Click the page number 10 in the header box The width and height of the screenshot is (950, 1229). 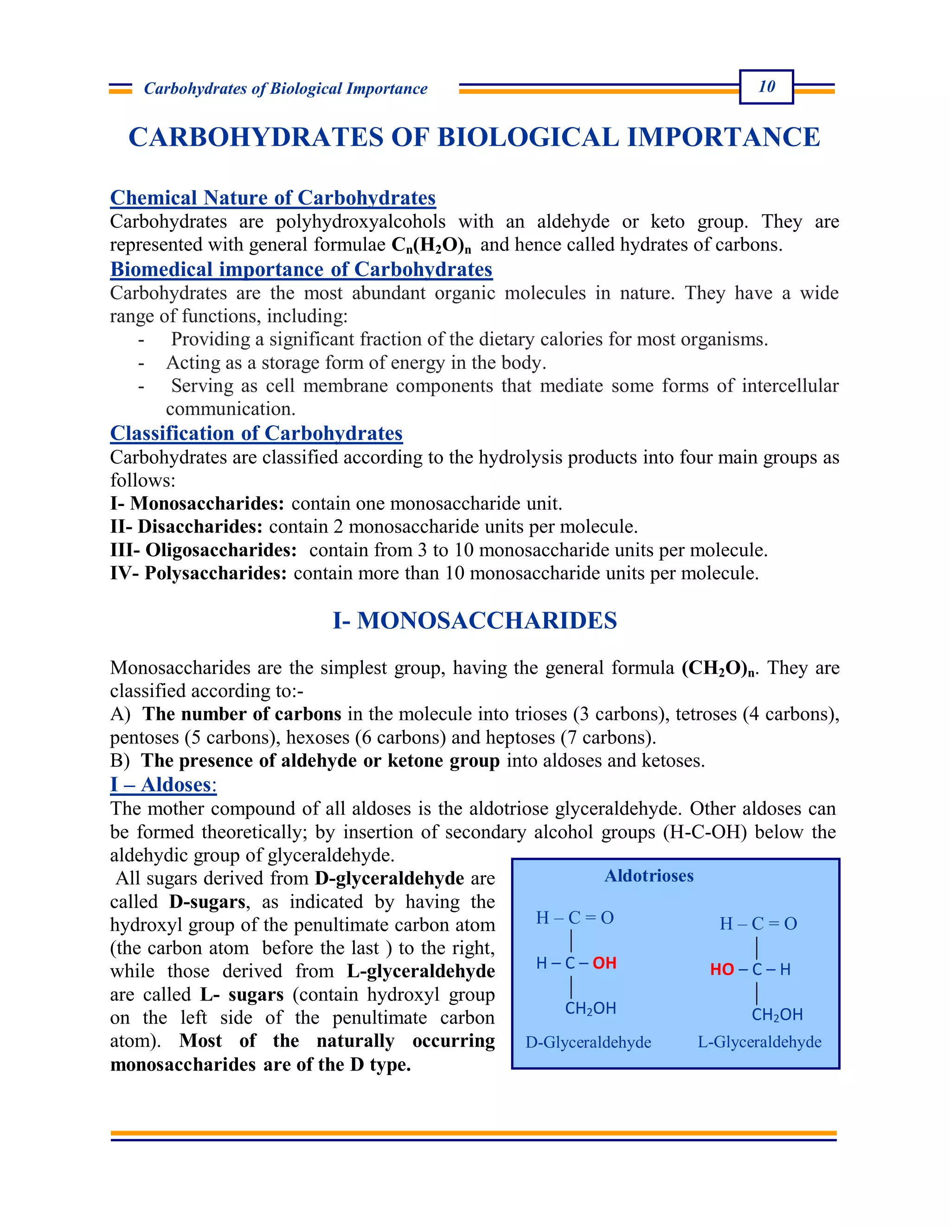(766, 87)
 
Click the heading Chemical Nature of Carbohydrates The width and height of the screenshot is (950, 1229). (273, 198)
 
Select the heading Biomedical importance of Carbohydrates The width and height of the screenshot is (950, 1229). (301, 269)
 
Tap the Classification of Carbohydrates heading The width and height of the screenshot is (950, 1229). (256, 433)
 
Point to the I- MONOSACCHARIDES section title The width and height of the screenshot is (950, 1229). (475, 620)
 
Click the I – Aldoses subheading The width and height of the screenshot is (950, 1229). (163, 784)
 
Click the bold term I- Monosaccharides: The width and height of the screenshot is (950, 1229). (197, 503)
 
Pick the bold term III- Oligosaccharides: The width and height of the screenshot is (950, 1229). (203, 550)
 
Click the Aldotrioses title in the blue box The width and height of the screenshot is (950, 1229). (649, 876)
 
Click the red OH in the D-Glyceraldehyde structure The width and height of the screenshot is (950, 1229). (604, 963)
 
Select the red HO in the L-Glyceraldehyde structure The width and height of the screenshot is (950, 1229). (721, 969)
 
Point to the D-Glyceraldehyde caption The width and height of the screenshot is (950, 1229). (588, 1042)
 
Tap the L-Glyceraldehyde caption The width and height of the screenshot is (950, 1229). (759, 1042)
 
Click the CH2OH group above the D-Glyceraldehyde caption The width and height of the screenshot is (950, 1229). (591, 1008)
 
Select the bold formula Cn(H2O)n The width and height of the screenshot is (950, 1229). (431, 245)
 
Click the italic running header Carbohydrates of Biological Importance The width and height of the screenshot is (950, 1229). (285, 88)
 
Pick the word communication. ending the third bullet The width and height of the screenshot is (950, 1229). (230, 409)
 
